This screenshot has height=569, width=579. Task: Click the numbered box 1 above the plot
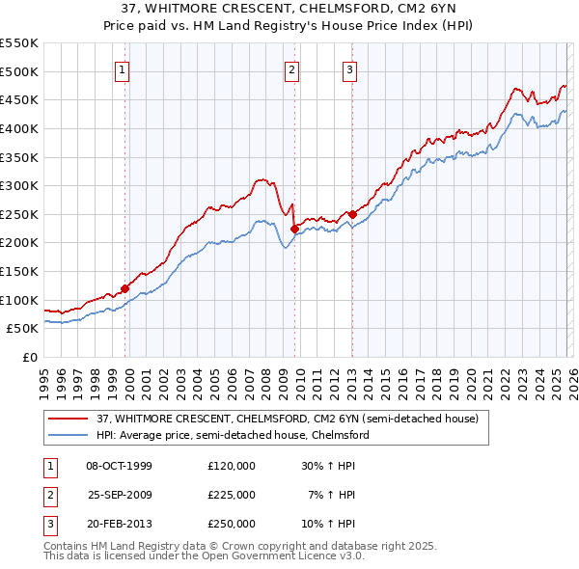[x=124, y=68]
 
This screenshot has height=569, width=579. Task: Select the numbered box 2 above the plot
[x=291, y=68]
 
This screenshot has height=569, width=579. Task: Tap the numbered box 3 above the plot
[x=349, y=68]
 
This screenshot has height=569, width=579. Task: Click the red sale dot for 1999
[x=125, y=288]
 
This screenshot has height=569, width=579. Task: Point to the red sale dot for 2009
[x=294, y=229]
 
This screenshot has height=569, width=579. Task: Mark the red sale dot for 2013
[x=352, y=214]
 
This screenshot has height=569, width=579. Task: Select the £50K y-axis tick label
[x=23, y=329]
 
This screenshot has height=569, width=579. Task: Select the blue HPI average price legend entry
[x=233, y=435]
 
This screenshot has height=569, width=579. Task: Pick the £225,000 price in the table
[x=232, y=495]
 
